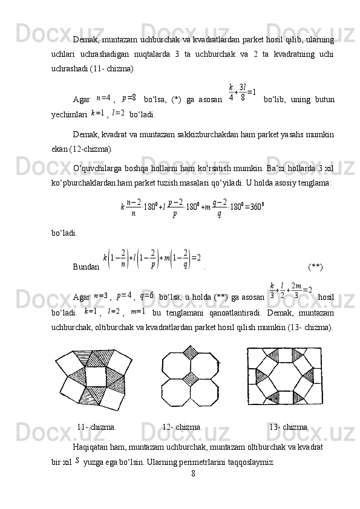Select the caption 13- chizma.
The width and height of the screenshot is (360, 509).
pos(289,427)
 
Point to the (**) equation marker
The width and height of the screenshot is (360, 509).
pos(315,266)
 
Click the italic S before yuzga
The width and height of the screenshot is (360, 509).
pos(77,461)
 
